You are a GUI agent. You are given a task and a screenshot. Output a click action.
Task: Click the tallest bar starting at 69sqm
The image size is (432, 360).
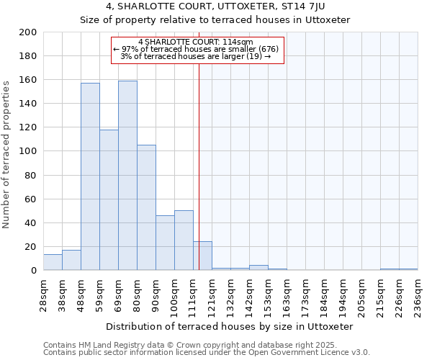click(x=127, y=176)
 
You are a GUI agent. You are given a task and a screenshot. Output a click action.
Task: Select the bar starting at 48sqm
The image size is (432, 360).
click(x=90, y=176)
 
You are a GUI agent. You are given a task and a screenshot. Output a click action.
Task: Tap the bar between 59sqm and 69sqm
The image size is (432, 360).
click(x=109, y=200)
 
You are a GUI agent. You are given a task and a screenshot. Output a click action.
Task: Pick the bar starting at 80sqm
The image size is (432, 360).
click(x=146, y=207)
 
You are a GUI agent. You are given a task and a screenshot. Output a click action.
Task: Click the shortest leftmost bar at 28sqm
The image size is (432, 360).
click(x=53, y=262)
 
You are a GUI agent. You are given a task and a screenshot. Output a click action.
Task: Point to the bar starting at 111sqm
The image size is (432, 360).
click(x=202, y=256)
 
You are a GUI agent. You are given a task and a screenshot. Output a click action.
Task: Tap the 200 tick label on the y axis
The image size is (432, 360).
click(x=28, y=32)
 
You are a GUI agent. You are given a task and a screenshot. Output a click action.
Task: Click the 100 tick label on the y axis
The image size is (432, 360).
click(x=28, y=151)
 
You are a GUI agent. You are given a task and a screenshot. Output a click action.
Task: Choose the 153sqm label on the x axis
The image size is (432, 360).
click(x=268, y=292)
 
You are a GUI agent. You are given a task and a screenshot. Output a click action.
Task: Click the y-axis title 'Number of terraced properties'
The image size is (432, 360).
click(x=7, y=154)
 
